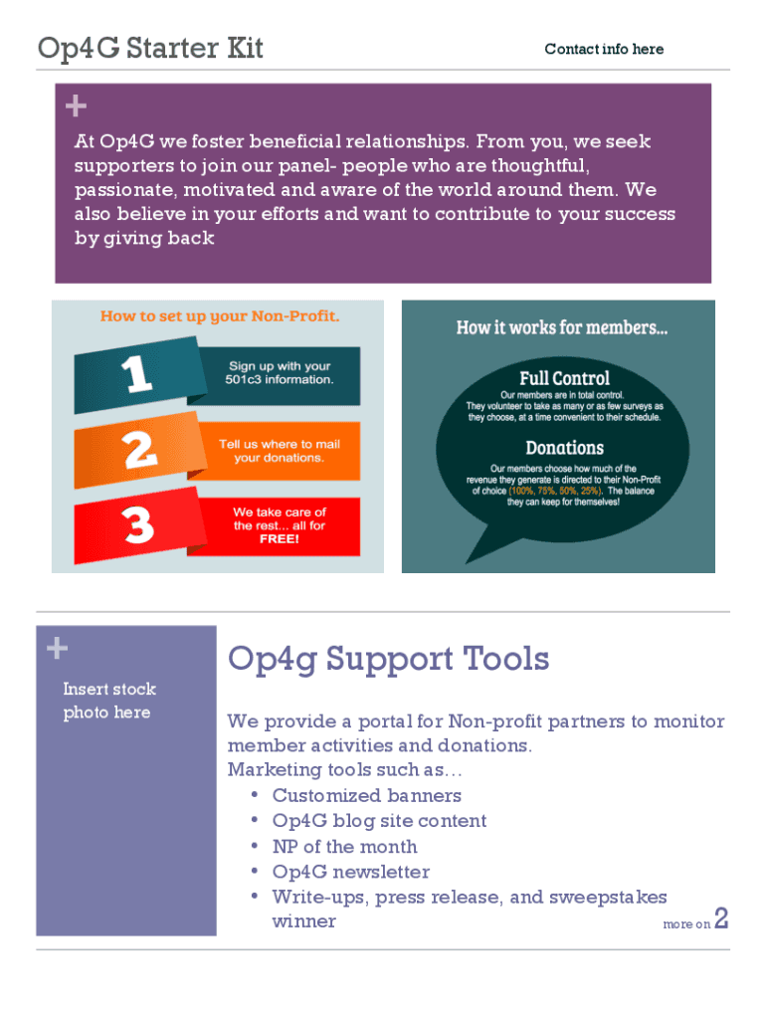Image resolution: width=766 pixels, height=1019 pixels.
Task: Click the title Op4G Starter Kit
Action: [x=150, y=48]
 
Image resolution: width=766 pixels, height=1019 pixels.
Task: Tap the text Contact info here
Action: [x=604, y=49]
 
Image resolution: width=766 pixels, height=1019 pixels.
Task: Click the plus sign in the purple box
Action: [x=76, y=106]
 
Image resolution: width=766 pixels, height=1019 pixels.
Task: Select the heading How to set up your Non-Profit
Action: [x=220, y=316]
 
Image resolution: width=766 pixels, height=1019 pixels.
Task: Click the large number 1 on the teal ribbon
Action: [x=138, y=374]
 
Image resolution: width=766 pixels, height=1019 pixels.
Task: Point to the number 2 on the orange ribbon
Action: [x=140, y=451]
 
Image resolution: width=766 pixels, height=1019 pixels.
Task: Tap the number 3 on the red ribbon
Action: [x=138, y=524]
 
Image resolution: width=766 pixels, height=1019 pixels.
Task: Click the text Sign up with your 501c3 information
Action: [x=282, y=373]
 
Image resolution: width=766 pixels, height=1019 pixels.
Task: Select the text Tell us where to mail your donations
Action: [x=279, y=451]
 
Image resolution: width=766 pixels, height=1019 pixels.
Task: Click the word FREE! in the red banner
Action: [x=279, y=538]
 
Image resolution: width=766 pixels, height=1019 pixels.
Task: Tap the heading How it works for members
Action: [x=562, y=327]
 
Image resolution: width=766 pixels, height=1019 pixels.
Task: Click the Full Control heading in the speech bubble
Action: [x=564, y=378]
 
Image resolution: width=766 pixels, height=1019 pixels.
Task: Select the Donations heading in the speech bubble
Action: [x=564, y=448]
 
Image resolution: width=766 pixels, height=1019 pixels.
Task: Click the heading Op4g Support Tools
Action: [x=388, y=658]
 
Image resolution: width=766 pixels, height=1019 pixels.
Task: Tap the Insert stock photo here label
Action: [x=108, y=701]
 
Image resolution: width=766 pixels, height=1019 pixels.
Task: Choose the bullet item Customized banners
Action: [x=366, y=795]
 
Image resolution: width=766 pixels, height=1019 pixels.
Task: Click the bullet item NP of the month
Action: [x=344, y=847]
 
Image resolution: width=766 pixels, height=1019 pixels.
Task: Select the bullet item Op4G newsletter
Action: [x=350, y=872]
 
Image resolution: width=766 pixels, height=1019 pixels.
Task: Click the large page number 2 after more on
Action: [x=722, y=919]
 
